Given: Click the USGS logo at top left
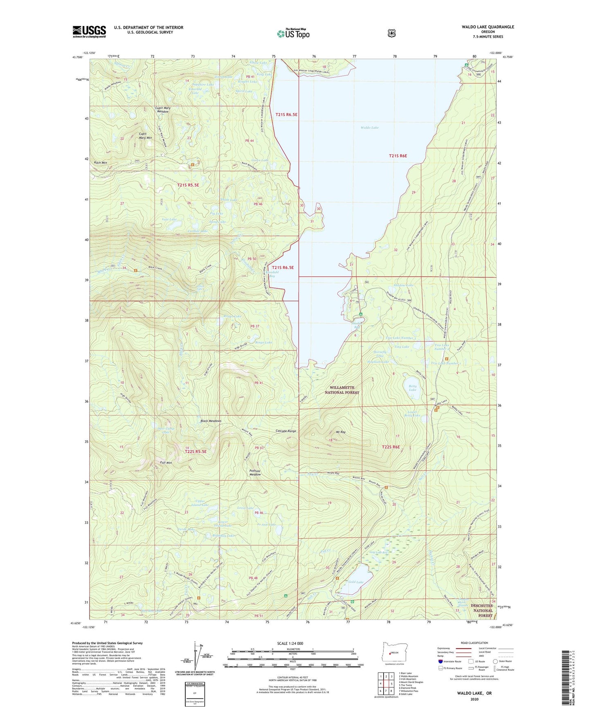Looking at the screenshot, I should [x=89, y=31].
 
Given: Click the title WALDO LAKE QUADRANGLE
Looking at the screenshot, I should [x=482, y=27].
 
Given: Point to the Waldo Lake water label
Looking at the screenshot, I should [x=369, y=128].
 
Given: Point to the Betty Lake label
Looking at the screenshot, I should [x=412, y=388].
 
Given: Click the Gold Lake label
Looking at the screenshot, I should [x=356, y=582].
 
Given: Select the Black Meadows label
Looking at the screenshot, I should [x=211, y=421].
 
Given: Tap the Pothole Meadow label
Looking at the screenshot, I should [x=255, y=472].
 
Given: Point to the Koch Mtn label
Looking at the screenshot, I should [x=100, y=163].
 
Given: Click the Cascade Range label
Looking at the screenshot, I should [x=285, y=431].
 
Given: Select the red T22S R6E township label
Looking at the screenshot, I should [x=390, y=447].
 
